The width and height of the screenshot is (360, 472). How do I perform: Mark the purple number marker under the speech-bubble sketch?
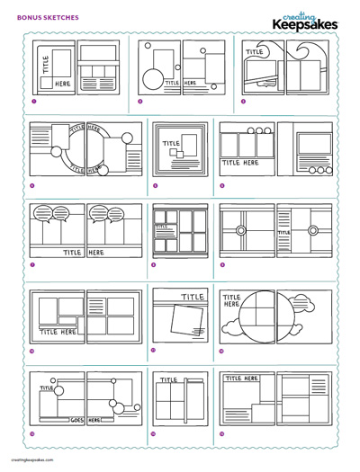[33, 265]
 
